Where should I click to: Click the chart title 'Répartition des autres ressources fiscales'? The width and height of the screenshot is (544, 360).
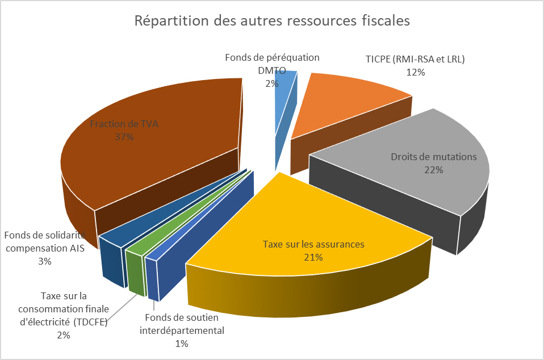point(271,22)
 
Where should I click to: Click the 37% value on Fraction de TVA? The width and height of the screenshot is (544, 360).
point(123,137)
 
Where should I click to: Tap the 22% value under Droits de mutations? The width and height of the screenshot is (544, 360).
point(433,169)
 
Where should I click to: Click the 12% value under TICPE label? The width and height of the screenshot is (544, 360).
point(415,72)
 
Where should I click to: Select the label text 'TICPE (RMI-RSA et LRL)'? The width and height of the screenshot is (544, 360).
point(415,60)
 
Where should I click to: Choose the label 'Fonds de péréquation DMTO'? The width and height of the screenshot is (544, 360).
point(272,64)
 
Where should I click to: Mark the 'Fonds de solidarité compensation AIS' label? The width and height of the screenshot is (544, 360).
point(45,241)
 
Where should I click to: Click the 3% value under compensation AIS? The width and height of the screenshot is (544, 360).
point(45,261)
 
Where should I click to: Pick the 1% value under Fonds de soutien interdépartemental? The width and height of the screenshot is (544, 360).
point(182,343)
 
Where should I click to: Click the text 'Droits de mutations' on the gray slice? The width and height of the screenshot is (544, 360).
point(434,157)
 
